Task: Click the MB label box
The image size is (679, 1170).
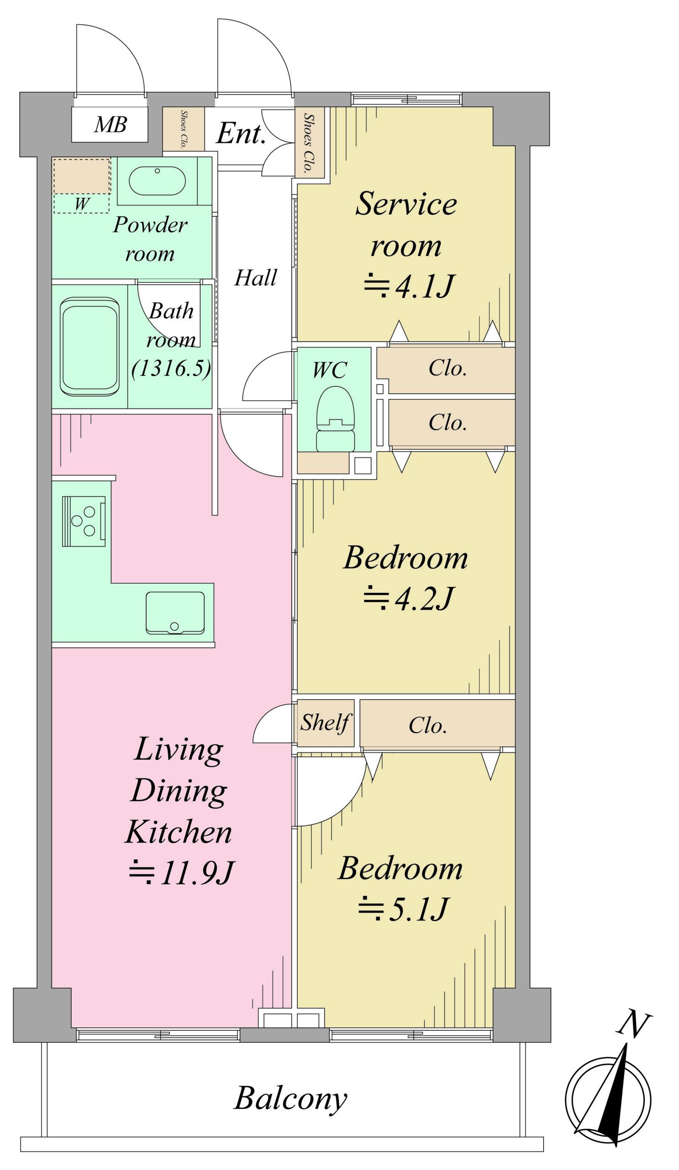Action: pos(110,124)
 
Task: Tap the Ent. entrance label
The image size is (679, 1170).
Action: pos(241,133)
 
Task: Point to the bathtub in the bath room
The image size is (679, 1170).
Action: pos(89,346)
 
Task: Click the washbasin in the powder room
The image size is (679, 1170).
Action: pos(157,181)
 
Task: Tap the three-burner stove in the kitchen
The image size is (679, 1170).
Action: pos(84,521)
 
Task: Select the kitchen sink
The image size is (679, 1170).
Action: pos(175,612)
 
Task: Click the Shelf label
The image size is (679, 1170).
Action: pos(326,723)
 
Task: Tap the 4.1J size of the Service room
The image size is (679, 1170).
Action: pos(410,286)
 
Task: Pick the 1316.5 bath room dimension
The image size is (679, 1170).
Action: pos(171,368)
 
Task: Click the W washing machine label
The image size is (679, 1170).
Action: pos(82,203)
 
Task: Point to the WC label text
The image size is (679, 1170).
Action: pos(329,370)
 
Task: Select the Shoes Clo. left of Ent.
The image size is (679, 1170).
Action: pos(184,129)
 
